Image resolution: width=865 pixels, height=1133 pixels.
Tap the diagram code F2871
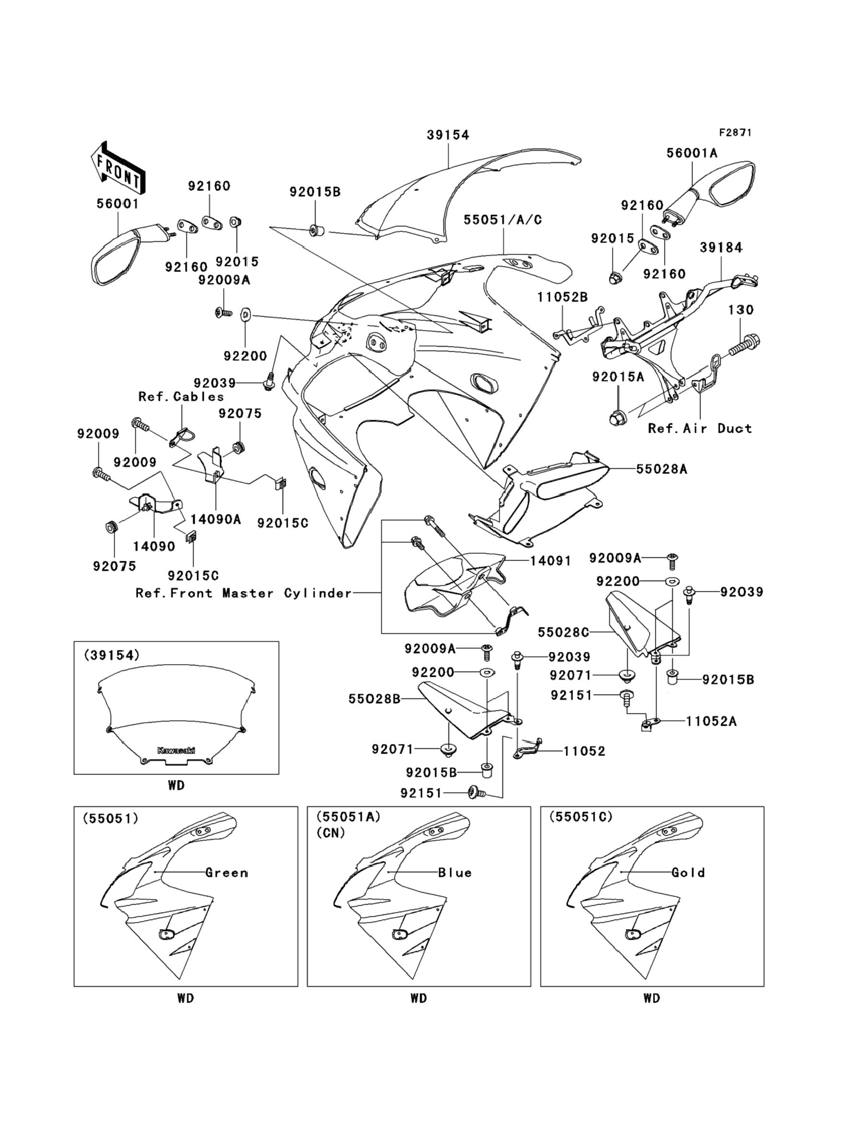(735, 132)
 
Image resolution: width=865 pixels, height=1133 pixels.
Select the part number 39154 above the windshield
(448, 135)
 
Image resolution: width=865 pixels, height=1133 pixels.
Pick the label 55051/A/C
(503, 220)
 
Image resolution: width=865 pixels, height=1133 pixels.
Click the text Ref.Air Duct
(700, 428)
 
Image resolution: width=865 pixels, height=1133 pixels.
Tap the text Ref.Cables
(181, 397)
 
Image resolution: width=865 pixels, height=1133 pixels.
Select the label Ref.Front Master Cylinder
(244, 593)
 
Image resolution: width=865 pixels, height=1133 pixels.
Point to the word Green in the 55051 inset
(226, 873)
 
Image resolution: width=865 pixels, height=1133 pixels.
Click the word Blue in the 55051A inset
(455, 873)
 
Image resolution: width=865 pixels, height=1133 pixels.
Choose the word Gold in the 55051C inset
(688, 873)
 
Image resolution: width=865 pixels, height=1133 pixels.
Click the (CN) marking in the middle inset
(330, 832)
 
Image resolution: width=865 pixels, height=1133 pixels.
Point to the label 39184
(721, 248)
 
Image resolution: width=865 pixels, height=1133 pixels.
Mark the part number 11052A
(711, 721)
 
